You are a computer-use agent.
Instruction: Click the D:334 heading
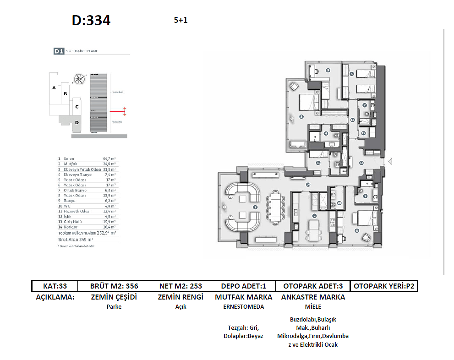pos(91,21)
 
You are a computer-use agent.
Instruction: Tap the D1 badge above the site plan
pos(58,52)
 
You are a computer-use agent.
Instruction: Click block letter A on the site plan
pos(54,87)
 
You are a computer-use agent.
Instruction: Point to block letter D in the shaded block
pos(77,122)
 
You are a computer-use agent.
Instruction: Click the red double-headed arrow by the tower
pos(125,111)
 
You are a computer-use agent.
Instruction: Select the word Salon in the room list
pos(69,158)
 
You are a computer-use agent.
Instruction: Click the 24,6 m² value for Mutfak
pos(109,164)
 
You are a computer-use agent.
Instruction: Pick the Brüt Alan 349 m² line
pos(76,240)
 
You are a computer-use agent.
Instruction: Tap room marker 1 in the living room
pos(255,207)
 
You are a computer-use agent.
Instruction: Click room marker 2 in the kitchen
pos(314,215)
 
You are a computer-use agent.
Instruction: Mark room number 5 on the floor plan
pos(328,70)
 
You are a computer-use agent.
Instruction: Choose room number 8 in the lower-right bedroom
pos(357,230)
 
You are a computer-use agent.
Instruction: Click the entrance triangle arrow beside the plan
pos(390,161)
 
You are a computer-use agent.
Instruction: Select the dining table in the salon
pos(277,207)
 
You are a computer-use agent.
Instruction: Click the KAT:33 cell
pos(55,286)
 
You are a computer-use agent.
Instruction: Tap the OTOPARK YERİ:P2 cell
pos(384,286)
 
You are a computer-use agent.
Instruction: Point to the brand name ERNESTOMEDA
pos(243,307)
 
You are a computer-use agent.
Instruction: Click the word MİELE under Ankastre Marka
pos(313,307)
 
